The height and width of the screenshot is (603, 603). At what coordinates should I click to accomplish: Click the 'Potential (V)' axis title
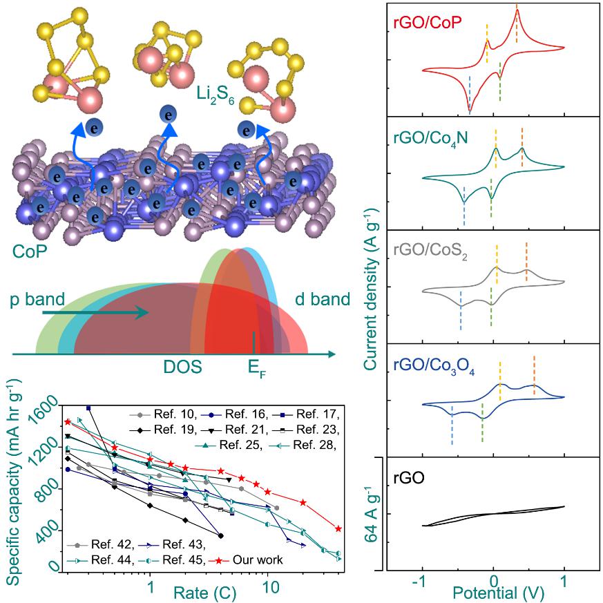[492, 592]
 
